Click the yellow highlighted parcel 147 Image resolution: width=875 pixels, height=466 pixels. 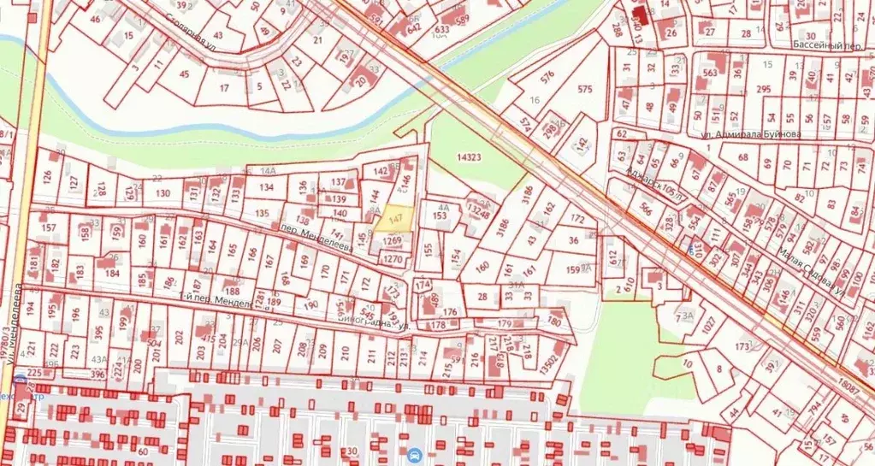coord(394,220)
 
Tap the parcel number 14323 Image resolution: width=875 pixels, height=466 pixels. coord(470,157)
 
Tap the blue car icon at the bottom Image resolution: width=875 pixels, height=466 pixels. coord(414,454)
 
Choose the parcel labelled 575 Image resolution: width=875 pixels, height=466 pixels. coord(585,89)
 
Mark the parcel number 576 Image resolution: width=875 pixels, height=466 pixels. coord(547,74)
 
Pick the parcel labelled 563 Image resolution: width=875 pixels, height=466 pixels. coord(709,73)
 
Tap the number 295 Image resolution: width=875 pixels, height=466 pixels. coord(764,89)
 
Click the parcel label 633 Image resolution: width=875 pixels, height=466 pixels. coord(441,28)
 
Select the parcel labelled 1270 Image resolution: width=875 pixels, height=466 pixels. coord(393,258)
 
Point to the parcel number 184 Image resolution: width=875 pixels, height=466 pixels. coord(112,274)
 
